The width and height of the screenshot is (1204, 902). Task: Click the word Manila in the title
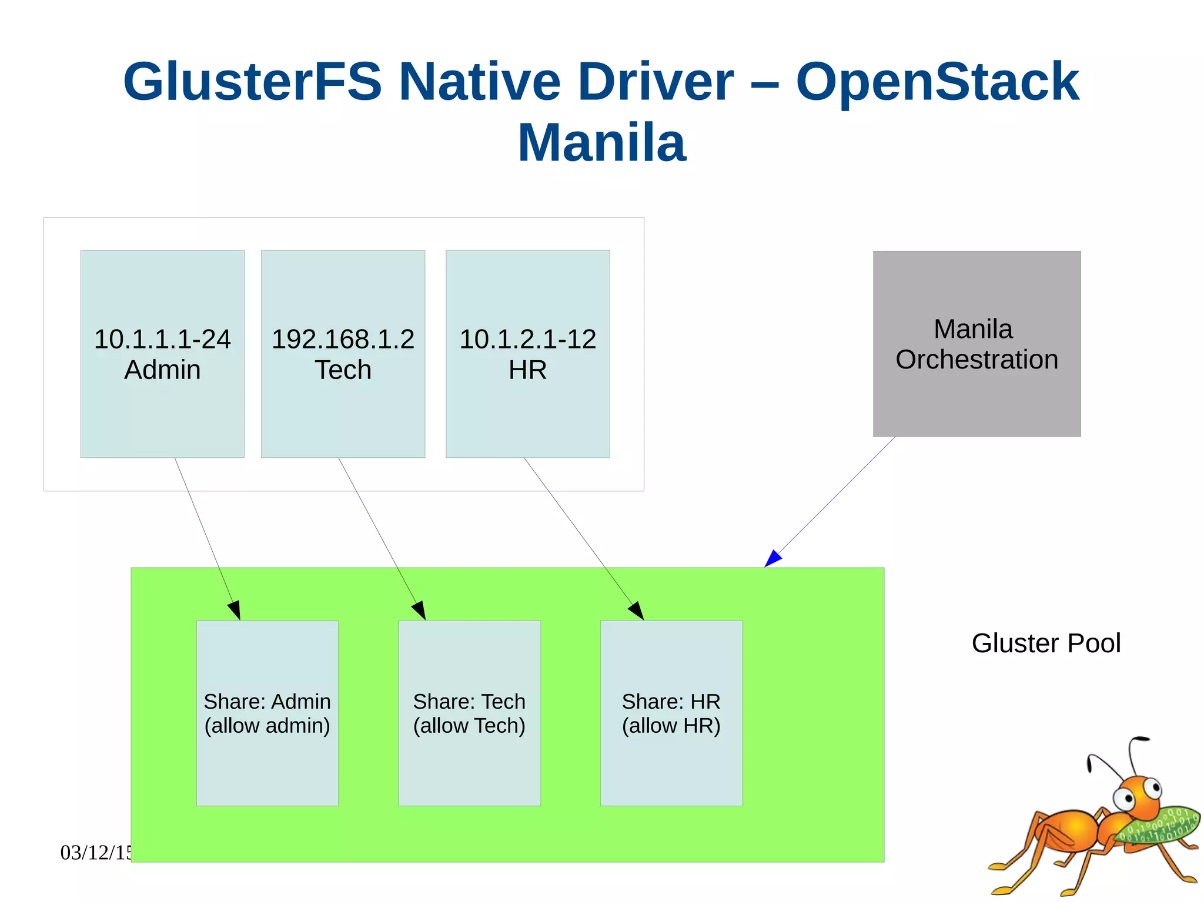click(601, 143)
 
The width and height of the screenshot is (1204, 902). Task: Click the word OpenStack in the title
click(937, 82)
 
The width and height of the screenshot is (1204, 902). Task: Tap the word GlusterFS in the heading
click(252, 82)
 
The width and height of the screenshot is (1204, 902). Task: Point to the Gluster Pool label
click(1046, 643)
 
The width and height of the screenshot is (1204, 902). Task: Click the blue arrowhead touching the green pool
click(772, 559)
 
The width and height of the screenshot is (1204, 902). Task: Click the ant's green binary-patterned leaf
click(1158, 826)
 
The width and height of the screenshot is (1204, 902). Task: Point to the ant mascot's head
click(1138, 796)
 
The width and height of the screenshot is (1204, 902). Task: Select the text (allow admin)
click(267, 726)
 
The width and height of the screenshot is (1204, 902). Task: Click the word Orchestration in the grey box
click(976, 360)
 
